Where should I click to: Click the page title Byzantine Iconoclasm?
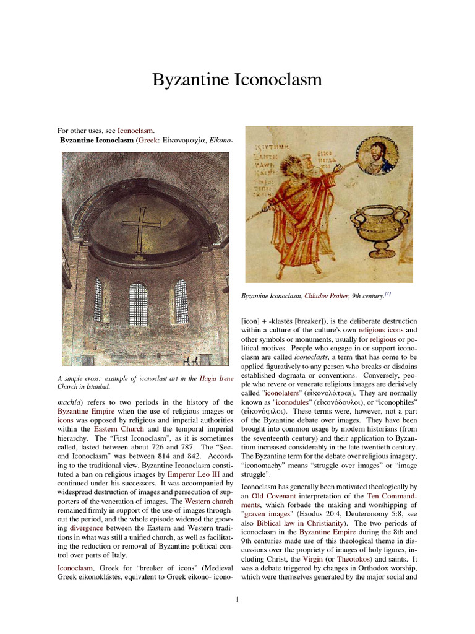[237, 80]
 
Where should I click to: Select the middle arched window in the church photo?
[138, 303]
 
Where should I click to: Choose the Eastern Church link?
[119, 428]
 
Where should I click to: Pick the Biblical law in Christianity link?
[297, 523]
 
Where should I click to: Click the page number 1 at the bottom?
[237, 599]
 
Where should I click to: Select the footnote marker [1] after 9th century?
[387, 295]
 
